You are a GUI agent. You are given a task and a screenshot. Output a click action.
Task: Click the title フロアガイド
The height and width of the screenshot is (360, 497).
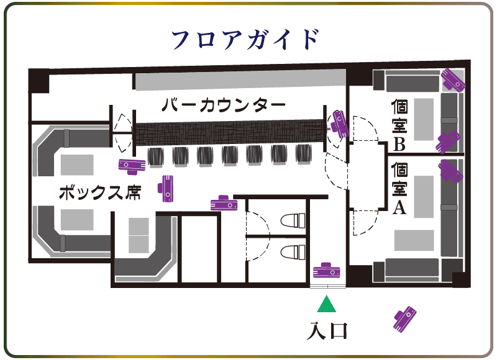245,40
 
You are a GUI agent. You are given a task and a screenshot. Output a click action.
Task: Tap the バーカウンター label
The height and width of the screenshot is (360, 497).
224,106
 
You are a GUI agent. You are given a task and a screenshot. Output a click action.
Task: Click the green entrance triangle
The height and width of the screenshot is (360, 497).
327,304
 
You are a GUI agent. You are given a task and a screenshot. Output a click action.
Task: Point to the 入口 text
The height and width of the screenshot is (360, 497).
327,331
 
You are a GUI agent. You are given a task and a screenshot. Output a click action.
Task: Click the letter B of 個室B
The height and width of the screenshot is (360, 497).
399,144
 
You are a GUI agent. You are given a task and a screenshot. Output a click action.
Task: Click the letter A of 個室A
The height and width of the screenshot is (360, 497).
399,208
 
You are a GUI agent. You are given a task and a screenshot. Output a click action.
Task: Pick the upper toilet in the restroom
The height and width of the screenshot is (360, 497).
293,220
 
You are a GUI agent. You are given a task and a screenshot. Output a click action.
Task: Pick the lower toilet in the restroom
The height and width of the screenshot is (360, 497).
293,252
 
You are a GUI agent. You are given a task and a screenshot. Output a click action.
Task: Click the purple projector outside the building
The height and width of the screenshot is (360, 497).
405,319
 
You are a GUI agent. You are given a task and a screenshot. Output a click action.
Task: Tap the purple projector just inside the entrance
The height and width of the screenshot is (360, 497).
327,270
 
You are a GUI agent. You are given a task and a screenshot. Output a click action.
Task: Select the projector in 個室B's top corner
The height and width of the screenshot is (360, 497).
454,80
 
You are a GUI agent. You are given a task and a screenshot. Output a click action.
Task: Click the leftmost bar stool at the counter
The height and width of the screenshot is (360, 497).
156,156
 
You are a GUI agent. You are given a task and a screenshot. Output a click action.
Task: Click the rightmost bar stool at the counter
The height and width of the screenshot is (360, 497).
304,154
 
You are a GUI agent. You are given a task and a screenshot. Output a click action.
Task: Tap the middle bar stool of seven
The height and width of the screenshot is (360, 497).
230,155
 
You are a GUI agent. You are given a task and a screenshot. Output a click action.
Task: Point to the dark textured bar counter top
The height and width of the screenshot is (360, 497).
230,132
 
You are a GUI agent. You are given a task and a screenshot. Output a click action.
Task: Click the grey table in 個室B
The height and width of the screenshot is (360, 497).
424,119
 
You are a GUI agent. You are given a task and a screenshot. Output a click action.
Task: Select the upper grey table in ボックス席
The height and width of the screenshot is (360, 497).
77,164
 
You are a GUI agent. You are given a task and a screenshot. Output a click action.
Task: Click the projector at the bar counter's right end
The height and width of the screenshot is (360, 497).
339,124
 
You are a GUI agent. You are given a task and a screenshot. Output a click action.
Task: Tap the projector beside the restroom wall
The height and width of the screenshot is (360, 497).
224,203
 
